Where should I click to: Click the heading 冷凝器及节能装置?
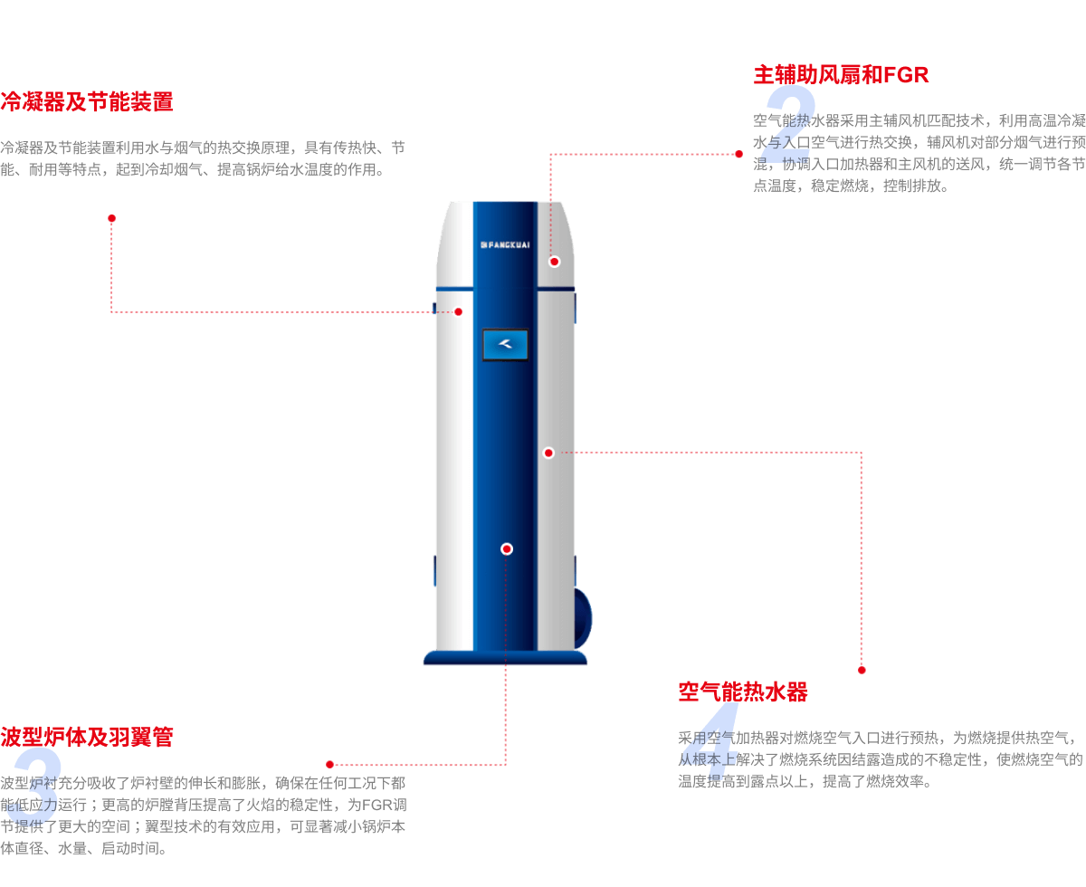(87, 101)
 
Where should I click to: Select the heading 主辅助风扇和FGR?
(841, 75)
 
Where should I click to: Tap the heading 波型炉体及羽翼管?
(87, 737)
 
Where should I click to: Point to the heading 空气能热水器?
(742, 692)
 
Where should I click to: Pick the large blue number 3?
(34, 786)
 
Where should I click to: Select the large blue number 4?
(713, 742)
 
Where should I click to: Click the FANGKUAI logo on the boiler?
(505, 244)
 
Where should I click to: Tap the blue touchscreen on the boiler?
(505, 344)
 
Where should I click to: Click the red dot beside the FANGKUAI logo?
(554, 262)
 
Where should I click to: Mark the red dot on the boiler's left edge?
(458, 311)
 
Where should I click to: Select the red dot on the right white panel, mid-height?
(548, 453)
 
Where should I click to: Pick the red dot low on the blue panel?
(507, 548)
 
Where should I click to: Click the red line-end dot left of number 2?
(738, 155)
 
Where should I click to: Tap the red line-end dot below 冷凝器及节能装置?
(111, 219)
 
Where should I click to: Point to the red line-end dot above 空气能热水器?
(862, 670)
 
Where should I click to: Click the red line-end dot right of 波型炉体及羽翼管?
(329, 765)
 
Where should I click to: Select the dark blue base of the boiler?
(505, 658)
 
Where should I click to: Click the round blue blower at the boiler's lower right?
(583, 617)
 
